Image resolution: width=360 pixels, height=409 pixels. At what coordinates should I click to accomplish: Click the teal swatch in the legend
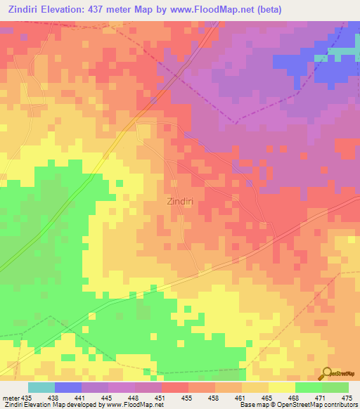(41, 387)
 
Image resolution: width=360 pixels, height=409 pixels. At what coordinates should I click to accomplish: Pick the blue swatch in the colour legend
(68, 387)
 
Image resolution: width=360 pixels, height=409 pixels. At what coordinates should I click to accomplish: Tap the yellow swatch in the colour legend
(281, 387)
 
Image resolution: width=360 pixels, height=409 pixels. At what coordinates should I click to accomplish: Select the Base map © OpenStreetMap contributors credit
(299, 405)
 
